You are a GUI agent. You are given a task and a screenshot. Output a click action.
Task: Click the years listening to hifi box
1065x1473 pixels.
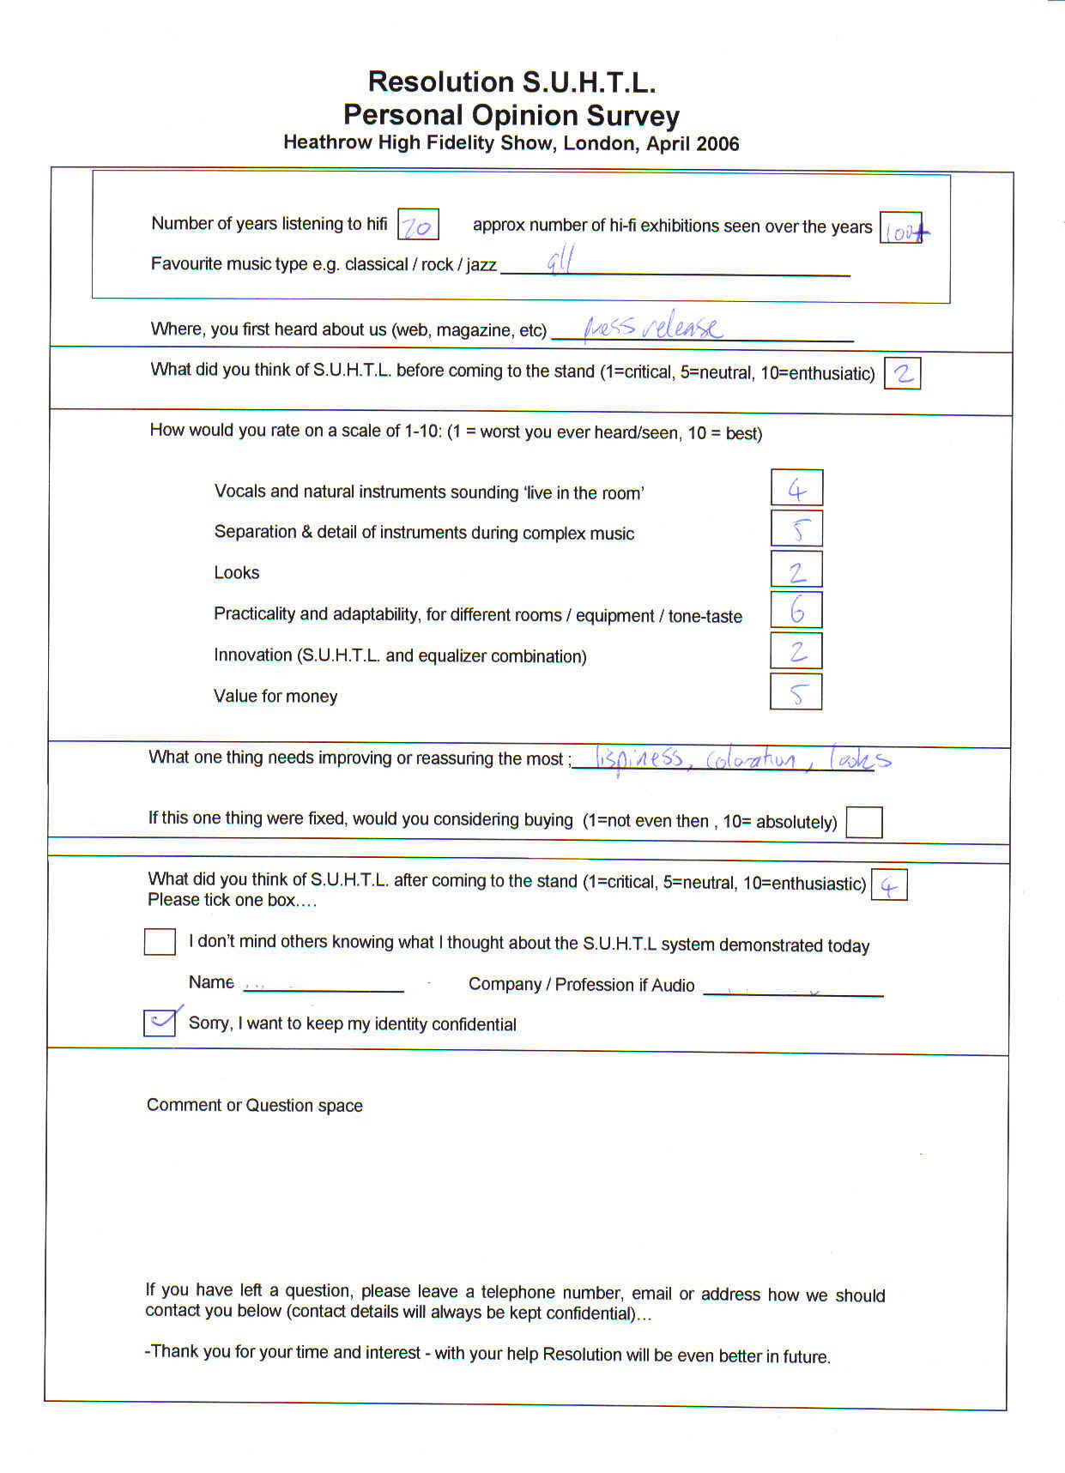[418, 226]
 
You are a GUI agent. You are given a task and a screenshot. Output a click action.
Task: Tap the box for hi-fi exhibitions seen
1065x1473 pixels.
[900, 228]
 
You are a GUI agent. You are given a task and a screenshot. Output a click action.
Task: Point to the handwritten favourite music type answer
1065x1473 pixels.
[560, 260]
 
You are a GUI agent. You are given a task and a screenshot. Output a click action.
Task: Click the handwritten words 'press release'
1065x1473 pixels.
[653, 327]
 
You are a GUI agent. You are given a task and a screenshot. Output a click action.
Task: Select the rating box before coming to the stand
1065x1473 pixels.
[902, 373]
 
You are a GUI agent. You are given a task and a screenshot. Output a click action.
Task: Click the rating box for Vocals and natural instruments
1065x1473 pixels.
[796, 488]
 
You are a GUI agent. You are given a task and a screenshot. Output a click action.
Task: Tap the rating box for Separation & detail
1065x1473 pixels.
[796, 528]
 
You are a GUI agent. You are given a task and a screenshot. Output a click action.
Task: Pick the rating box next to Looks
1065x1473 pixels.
[796, 570]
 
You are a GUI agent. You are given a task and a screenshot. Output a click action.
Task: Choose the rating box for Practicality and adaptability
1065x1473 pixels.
[796, 610]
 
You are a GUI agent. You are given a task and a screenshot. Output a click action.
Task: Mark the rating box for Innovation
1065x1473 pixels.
[796, 651]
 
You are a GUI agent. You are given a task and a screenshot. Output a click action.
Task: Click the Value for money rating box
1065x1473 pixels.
[796, 692]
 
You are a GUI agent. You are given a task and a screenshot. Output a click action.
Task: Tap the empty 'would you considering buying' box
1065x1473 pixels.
[863, 822]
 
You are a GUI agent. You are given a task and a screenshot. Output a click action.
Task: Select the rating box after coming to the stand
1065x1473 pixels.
[888, 885]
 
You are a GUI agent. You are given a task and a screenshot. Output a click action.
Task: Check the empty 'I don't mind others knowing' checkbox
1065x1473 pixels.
[160, 941]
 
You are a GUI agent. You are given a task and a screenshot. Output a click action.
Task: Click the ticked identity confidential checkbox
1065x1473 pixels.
[160, 1023]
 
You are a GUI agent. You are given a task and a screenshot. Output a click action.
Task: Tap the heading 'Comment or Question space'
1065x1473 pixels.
[254, 1105]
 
